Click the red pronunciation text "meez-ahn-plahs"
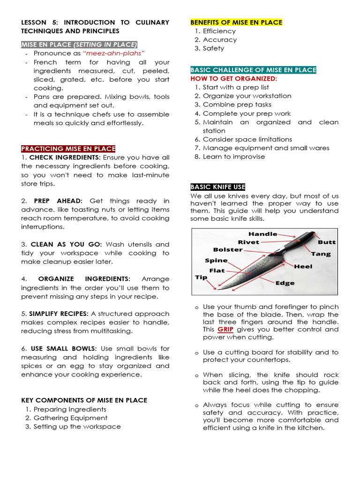tap(114, 53)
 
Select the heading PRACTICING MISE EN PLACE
tap(68, 149)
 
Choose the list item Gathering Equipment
tap(70, 418)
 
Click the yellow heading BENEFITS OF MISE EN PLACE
tap(236, 22)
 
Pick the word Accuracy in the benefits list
tap(220, 40)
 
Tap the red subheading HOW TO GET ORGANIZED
tap(233, 79)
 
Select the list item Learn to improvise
tap(234, 157)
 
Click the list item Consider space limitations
tap(247, 139)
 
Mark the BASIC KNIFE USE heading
tap(217, 187)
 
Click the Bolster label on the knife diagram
tap(228, 250)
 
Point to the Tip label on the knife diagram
tap(201, 277)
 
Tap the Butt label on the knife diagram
tap(327, 242)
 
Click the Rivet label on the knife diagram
tap(248, 242)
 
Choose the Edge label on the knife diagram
tap(285, 283)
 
